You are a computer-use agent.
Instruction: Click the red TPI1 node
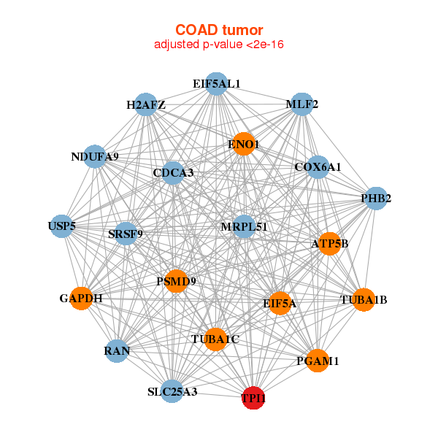(253, 398)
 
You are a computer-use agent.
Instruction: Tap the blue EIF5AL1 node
(216, 84)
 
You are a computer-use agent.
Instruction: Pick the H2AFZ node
(146, 105)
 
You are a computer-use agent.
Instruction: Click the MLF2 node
(301, 104)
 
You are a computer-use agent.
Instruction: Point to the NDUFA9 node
(95, 156)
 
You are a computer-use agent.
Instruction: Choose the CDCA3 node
(173, 173)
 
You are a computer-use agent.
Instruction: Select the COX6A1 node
(318, 167)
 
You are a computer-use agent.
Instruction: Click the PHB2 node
(375, 199)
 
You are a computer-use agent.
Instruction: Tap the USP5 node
(62, 226)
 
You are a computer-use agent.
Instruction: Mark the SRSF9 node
(126, 234)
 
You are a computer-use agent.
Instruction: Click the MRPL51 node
(244, 227)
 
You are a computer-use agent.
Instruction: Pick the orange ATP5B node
(329, 243)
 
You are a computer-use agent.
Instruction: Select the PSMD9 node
(176, 281)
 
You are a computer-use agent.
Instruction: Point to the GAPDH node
(81, 299)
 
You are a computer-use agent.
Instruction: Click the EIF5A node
(280, 302)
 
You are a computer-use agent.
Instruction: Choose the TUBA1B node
(364, 300)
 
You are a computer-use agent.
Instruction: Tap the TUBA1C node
(215, 339)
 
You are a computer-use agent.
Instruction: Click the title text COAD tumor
(219, 30)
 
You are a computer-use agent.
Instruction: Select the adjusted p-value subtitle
(219, 45)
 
